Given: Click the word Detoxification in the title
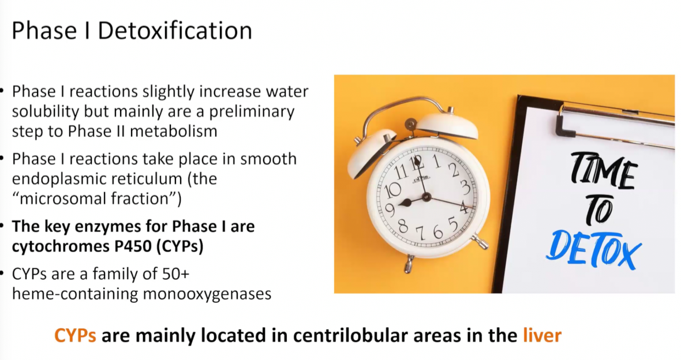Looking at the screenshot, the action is pyautogui.click(x=175, y=31).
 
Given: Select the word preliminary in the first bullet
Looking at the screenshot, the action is pyautogui.click(x=252, y=111).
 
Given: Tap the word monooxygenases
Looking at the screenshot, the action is pyautogui.click(x=207, y=294).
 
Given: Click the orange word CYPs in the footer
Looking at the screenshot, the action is pyautogui.click(x=75, y=335).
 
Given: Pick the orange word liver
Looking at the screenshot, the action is pyautogui.click(x=542, y=335).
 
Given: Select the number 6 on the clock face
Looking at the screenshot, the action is pyautogui.click(x=438, y=232).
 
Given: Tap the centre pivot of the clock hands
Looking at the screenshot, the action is pyautogui.click(x=426, y=197).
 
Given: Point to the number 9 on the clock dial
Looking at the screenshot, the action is pyautogui.click(x=390, y=210).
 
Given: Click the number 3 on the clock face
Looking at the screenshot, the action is pyautogui.click(x=466, y=187).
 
